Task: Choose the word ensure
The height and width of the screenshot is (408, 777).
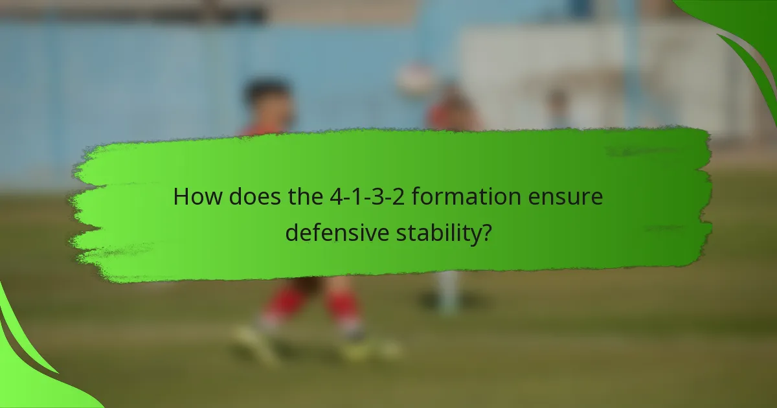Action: coord(570,196)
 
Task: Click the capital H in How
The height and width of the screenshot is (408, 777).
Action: coord(180,196)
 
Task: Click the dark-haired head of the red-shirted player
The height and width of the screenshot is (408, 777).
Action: coord(269,100)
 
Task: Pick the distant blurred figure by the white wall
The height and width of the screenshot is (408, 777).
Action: coord(555,107)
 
